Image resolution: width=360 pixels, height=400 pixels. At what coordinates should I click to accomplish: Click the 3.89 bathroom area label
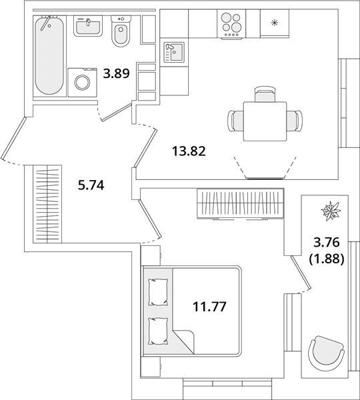[x=117, y=73]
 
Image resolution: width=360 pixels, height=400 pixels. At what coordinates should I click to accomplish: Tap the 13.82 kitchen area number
[x=189, y=151]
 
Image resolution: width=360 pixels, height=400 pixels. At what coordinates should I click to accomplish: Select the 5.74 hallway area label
[x=91, y=185]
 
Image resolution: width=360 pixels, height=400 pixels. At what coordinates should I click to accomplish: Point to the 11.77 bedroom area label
[x=209, y=307]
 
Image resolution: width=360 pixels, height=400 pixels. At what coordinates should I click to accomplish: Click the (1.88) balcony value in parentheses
[x=327, y=259]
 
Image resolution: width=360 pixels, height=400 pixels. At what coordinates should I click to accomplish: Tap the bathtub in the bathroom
[x=49, y=55]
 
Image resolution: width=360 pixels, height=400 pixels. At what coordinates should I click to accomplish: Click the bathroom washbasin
[x=88, y=25]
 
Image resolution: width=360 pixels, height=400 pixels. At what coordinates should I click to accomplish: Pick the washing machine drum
[x=82, y=82]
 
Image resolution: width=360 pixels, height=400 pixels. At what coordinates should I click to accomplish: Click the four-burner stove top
[x=231, y=24]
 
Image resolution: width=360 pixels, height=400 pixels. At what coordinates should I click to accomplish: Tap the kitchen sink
[x=173, y=53]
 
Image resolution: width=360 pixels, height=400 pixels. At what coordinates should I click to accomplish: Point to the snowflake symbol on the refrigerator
[x=274, y=23]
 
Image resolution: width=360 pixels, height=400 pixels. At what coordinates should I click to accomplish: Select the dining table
[x=265, y=121]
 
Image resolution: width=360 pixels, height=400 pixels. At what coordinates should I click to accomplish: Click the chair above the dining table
[x=265, y=94]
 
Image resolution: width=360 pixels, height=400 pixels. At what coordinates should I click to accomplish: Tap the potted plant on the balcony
[x=331, y=211]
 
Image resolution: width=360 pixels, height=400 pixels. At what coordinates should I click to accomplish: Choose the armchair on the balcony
[x=326, y=353]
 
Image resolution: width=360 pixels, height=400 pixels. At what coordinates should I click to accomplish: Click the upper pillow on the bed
[x=159, y=292]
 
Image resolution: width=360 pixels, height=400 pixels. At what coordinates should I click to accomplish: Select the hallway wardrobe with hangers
[x=47, y=204]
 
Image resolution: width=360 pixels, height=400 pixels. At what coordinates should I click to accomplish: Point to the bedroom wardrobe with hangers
[x=241, y=203]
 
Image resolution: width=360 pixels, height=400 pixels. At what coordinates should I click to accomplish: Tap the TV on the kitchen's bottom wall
[x=265, y=178]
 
